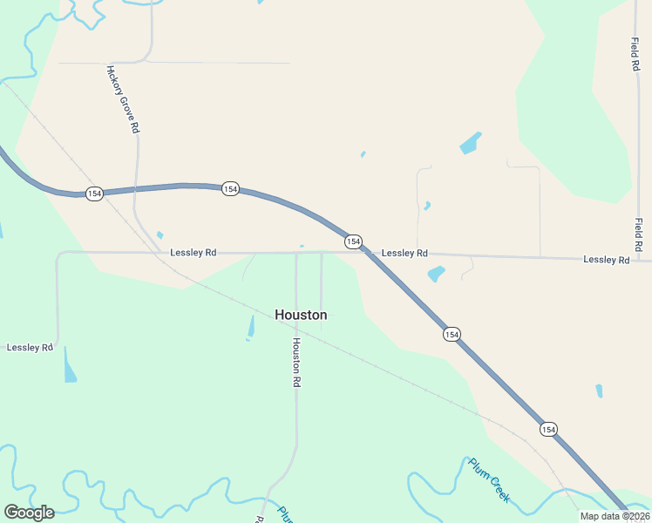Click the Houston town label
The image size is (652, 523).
[x=301, y=315]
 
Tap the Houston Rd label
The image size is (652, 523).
[x=296, y=363]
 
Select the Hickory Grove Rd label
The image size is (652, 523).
[x=123, y=98]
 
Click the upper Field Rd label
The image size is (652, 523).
[x=635, y=54]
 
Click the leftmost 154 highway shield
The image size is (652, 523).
[x=94, y=193]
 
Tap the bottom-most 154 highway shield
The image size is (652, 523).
[x=547, y=429]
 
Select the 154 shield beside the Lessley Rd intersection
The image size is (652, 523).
[x=352, y=241]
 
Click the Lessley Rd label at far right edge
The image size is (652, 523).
[x=606, y=260]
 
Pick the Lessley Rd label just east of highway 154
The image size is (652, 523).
[x=404, y=253]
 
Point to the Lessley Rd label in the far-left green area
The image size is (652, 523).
[x=30, y=347]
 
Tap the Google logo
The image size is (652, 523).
[x=29, y=512]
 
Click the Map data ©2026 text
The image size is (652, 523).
[x=614, y=516]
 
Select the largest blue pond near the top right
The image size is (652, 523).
[x=470, y=143]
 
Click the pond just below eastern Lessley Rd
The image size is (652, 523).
[x=436, y=274]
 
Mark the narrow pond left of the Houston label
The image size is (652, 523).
[x=251, y=327]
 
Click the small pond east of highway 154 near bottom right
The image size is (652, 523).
[x=599, y=391]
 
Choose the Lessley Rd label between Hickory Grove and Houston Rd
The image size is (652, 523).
[x=193, y=253]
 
